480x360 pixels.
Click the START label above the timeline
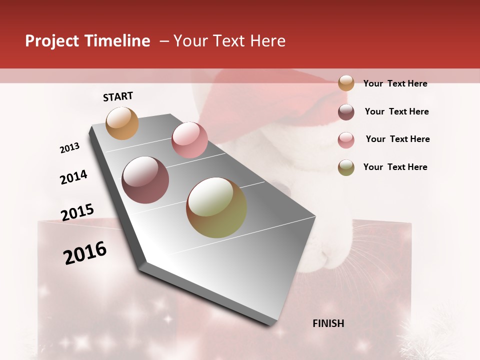pyautogui.click(x=118, y=96)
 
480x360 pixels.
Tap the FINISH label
pyautogui.click(x=328, y=323)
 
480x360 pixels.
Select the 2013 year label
pyautogui.click(x=69, y=148)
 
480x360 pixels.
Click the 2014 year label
pyautogui.click(x=73, y=177)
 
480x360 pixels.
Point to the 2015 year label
pyautogui.click(x=77, y=212)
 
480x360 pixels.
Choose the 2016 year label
pyautogui.click(x=85, y=252)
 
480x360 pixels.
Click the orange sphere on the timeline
pyautogui.click(x=122, y=123)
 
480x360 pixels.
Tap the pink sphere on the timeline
pyautogui.click(x=189, y=139)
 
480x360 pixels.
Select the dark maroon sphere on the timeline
pyautogui.click(x=145, y=180)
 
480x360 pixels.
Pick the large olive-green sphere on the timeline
pyautogui.click(x=216, y=207)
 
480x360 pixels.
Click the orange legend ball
pyautogui.click(x=346, y=83)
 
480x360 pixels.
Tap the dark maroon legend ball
pyautogui.click(x=346, y=112)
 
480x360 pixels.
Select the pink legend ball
pyautogui.click(x=346, y=140)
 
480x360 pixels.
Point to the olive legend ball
pyautogui.click(x=346, y=167)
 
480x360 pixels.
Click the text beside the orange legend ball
pyautogui.click(x=395, y=83)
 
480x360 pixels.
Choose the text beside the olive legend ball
pyautogui.click(x=395, y=167)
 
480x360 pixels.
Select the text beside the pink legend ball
pyautogui.click(x=397, y=139)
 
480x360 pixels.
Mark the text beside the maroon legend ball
pyautogui.click(x=396, y=111)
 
